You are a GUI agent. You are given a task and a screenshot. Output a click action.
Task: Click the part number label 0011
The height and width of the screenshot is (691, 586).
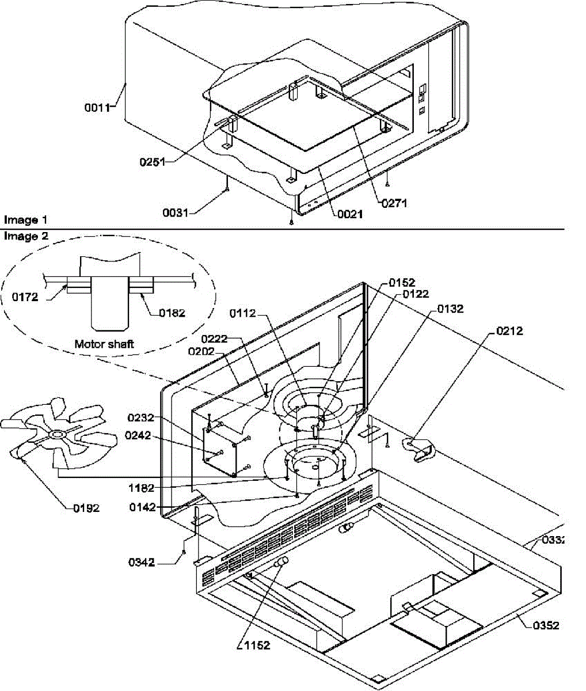pos(98,106)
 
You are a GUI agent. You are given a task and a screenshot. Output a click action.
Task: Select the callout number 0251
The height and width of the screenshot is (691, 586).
pos(151,162)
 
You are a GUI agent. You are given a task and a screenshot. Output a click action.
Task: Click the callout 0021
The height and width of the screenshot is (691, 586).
pos(349,214)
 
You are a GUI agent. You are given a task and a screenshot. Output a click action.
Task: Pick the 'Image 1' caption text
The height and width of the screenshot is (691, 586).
pos(26,220)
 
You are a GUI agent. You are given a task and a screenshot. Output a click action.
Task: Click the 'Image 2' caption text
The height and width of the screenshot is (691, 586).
pos(26,236)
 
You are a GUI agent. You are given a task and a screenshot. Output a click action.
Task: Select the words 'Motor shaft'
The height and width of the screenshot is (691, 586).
pos(104,344)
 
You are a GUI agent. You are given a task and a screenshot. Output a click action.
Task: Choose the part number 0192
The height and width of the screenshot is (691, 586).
pos(86,508)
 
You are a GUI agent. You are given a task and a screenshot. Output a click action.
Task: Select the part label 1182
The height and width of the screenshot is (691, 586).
pos(141,488)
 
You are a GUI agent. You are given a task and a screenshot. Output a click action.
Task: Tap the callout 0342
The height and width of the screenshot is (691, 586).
pos(141,562)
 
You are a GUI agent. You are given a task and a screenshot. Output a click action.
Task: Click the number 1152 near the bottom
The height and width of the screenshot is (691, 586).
pos(256,646)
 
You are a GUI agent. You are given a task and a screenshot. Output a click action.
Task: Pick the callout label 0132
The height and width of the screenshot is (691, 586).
pos(450,309)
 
